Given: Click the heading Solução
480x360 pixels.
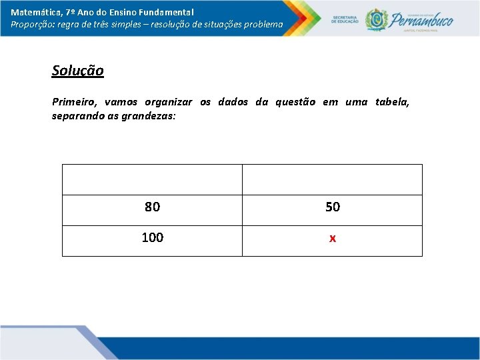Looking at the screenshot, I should pyautogui.click(x=78, y=71).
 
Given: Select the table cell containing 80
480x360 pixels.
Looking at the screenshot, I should pyautogui.click(x=152, y=207).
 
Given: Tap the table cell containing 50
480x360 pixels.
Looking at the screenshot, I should pyautogui.click(x=332, y=207).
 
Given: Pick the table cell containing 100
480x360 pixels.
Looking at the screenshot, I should pyautogui.click(x=152, y=238).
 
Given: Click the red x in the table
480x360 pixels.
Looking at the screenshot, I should pyautogui.click(x=332, y=239).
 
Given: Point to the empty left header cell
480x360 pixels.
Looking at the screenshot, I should pyautogui.click(x=152, y=179).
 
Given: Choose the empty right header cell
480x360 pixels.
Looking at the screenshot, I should pyautogui.click(x=332, y=179).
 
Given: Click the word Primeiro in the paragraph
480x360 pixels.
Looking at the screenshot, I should pyautogui.click(x=73, y=102).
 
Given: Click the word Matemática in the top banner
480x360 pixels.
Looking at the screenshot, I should pyautogui.click(x=33, y=12).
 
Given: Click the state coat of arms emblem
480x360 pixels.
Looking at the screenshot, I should pyautogui.click(x=376, y=19).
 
